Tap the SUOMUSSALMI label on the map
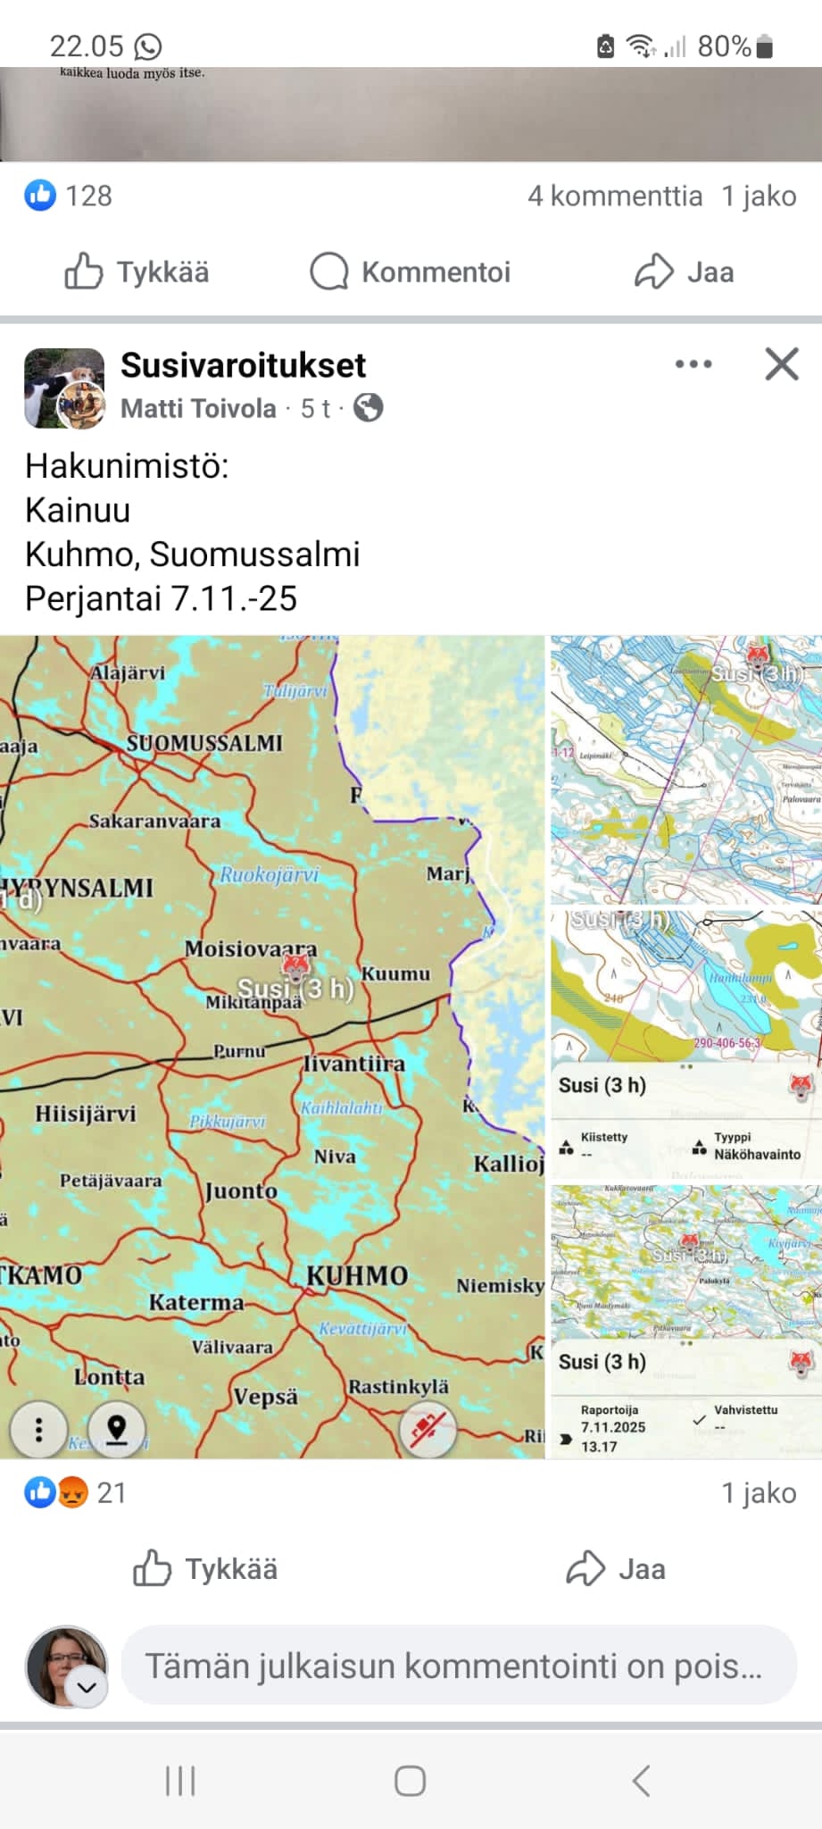pyautogui.click(x=203, y=743)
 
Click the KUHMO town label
pyautogui.click(x=357, y=1275)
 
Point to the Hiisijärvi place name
pyautogui.click(x=86, y=1114)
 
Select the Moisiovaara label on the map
pyautogui.click(x=251, y=948)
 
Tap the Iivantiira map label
pyautogui.click(x=354, y=1064)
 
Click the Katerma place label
pyautogui.click(x=196, y=1303)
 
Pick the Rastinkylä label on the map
pyautogui.click(x=398, y=1387)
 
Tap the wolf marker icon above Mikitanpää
pyautogui.click(x=295, y=966)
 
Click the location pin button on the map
pyautogui.click(x=117, y=1430)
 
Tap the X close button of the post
pyautogui.click(x=782, y=364)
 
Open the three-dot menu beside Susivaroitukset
pyautogui.click(x=693, y=364)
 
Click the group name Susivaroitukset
pyautogui.click(x=243, y=365)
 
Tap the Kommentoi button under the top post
pyautogui.click(x=411, y=271)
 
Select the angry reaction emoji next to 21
pyautogui.click(x=73, y=1492)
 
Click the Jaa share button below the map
pyautogui.click(x=616, y=1569)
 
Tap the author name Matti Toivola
pyautogui.click(x=198, y=408)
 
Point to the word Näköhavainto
pyautogui.click(x=757, y=1154)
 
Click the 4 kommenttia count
pyautogui.click(x=614, y=196)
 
